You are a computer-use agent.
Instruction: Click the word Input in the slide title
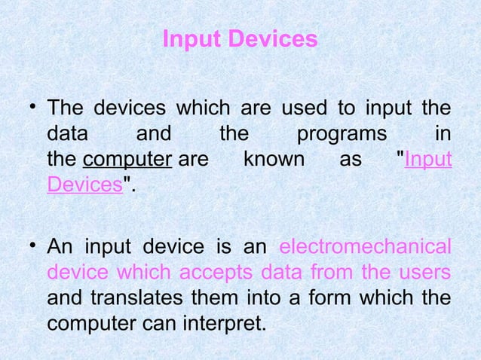188,38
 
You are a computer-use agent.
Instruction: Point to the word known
274,160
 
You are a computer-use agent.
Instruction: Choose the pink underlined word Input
428,160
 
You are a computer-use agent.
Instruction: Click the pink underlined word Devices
84,186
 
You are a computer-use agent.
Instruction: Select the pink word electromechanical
366,248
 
